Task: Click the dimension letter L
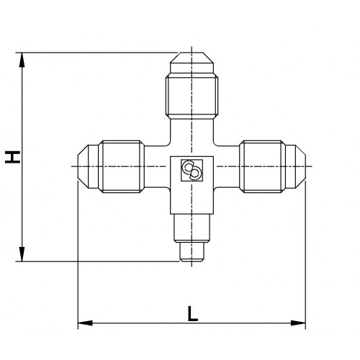click(192, 313)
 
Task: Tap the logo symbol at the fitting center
click(192, 169)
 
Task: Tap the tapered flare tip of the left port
click(87, 165)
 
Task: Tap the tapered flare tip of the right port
click(297, 165)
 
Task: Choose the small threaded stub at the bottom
click(192, 252)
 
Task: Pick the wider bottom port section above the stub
click(192, 228)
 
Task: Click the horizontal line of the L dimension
click(144, 322)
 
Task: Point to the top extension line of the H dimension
click(101, 52)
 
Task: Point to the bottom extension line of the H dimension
click(101, 262)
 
